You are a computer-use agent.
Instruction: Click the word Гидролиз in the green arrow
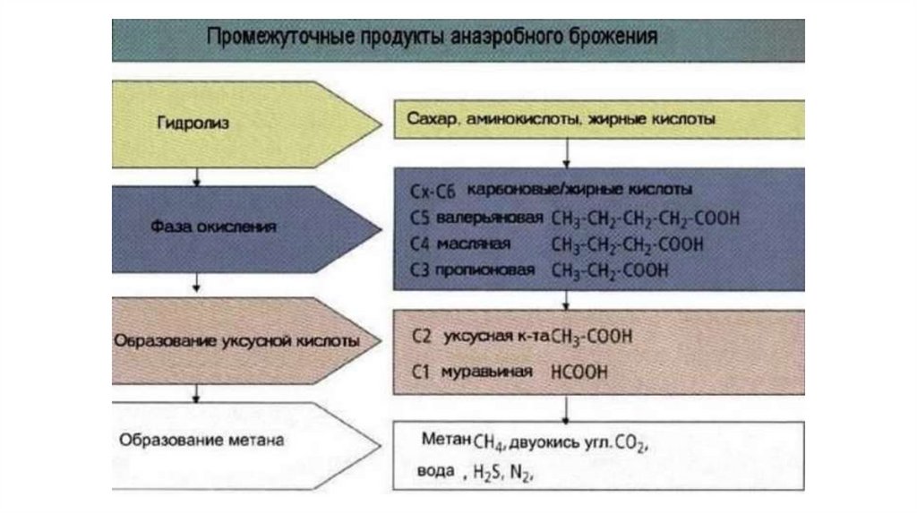point(192,124)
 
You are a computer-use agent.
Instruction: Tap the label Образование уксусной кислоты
point(237,341)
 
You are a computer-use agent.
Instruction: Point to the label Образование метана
point(201,441)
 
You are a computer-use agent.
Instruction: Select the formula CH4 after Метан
point(490,441)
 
